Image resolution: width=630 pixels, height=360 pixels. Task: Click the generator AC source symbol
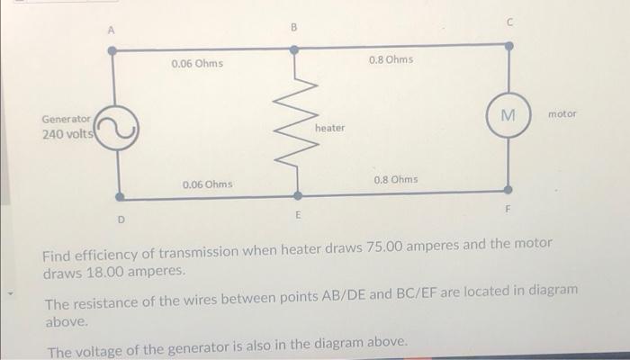(x=116, y=130)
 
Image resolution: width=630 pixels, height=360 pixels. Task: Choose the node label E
(x=296, y=216)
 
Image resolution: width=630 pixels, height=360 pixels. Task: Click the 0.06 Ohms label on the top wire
(x=197, y=65)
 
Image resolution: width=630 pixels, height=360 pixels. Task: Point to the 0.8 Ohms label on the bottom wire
(x=395, y=179)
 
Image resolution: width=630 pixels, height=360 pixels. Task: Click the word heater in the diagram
(x=329, y=128)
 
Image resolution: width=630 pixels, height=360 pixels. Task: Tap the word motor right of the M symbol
(x=562, y=114)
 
